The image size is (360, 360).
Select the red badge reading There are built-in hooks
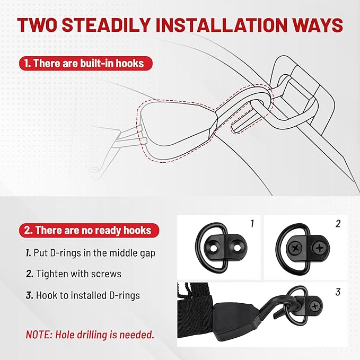coord(86,64)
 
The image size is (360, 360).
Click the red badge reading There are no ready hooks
coord(89,230)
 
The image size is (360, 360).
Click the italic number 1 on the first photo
coord(252,223)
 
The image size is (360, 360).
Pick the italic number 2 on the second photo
coord(338,223)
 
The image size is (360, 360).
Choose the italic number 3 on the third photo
coord(338,292)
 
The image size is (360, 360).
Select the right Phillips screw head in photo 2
coord(319,248)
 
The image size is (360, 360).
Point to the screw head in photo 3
coord(314,306)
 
